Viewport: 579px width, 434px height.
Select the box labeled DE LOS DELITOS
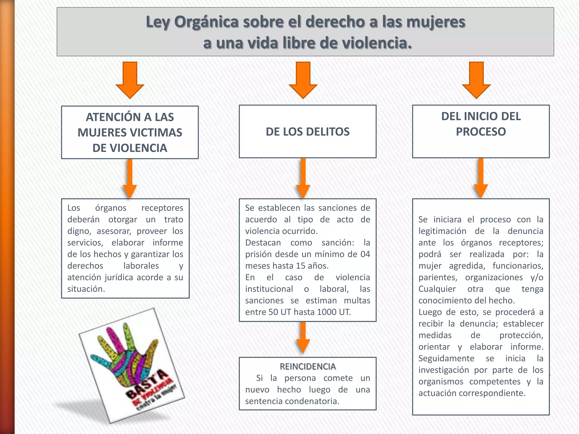[x=308, y=132]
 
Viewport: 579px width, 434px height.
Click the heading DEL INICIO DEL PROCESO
[x=481, y=124]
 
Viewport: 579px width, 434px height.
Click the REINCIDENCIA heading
[x=308, y=366]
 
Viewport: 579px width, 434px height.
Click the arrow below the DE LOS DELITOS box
[x=303, y=178]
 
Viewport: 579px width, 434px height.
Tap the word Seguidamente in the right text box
[x=446, y=358]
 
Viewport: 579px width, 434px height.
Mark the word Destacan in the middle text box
[x=263, y=243]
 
